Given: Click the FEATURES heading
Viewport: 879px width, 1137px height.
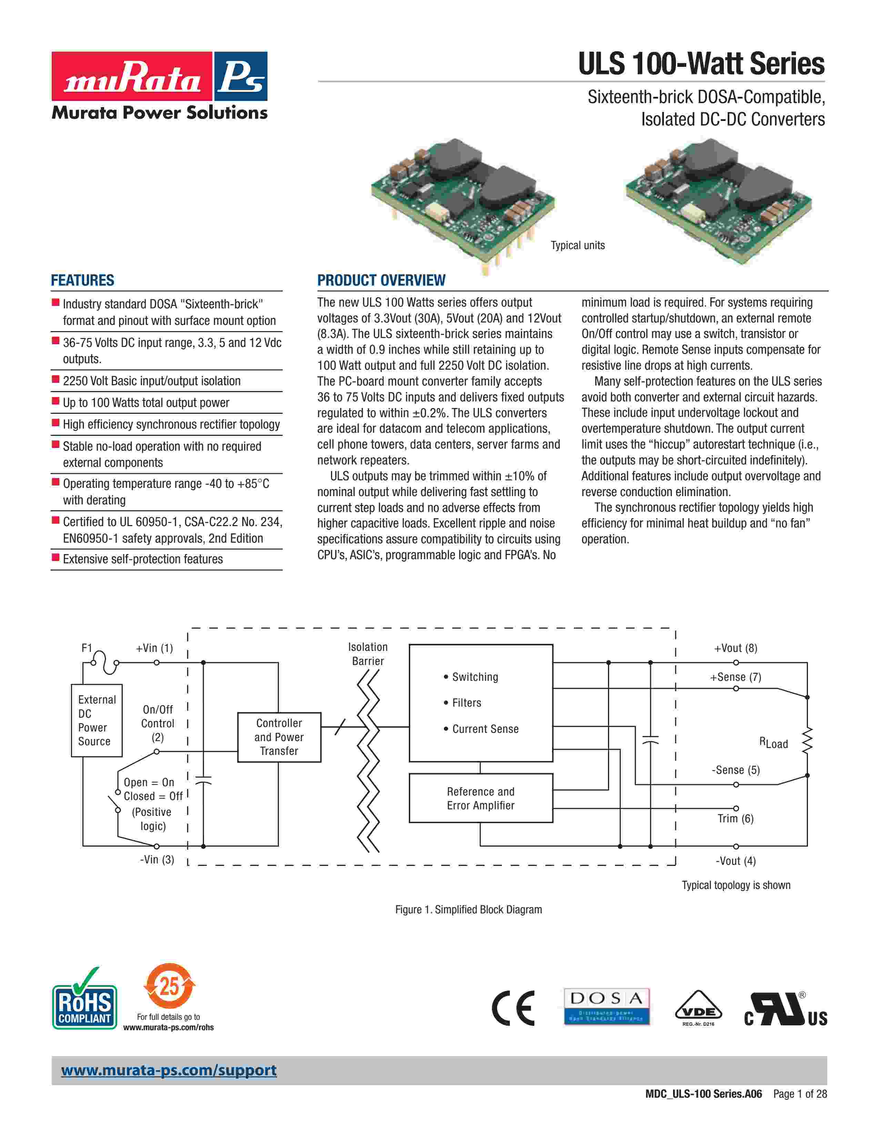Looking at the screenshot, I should click(x=82, y=280).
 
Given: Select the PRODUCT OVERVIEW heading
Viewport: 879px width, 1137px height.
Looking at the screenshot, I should click(x=381, y=280).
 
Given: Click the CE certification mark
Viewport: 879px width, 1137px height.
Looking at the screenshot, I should click(x=513, y=1008).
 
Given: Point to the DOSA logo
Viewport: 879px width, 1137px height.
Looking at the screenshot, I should click(x=607, y=1006).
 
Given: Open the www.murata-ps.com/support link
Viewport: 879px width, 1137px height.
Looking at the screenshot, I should click(x=169, y=1071).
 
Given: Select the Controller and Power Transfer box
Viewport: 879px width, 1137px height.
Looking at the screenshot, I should click(x=279, y=737).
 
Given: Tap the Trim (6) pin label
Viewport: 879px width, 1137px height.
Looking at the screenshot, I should click(x=735, y=819).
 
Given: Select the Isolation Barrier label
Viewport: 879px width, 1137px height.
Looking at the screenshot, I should click(x=368, y=654).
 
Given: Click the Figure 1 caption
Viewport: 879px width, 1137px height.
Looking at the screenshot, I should click(x=468, y=910).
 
